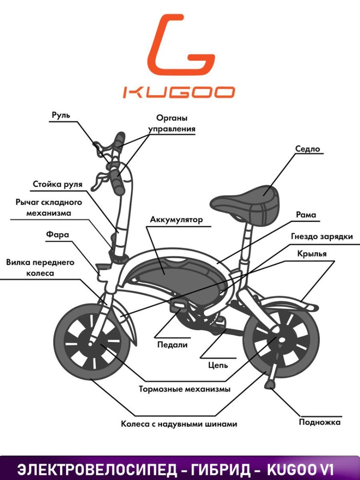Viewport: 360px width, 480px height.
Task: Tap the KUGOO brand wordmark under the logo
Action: [179, 92]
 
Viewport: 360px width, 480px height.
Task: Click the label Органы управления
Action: [171, 123]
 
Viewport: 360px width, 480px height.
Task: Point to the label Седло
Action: [308, 149]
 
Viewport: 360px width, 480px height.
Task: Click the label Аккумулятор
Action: [176, 220]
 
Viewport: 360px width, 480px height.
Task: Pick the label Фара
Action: [57, 235]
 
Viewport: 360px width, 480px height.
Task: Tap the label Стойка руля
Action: [57, 185]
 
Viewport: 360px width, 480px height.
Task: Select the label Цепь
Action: [218, 365]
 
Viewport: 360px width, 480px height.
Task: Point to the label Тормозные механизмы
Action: [185, 390]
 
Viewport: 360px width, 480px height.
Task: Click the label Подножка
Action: [320, 422]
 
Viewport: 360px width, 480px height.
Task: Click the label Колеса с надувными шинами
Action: [179, 424]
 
